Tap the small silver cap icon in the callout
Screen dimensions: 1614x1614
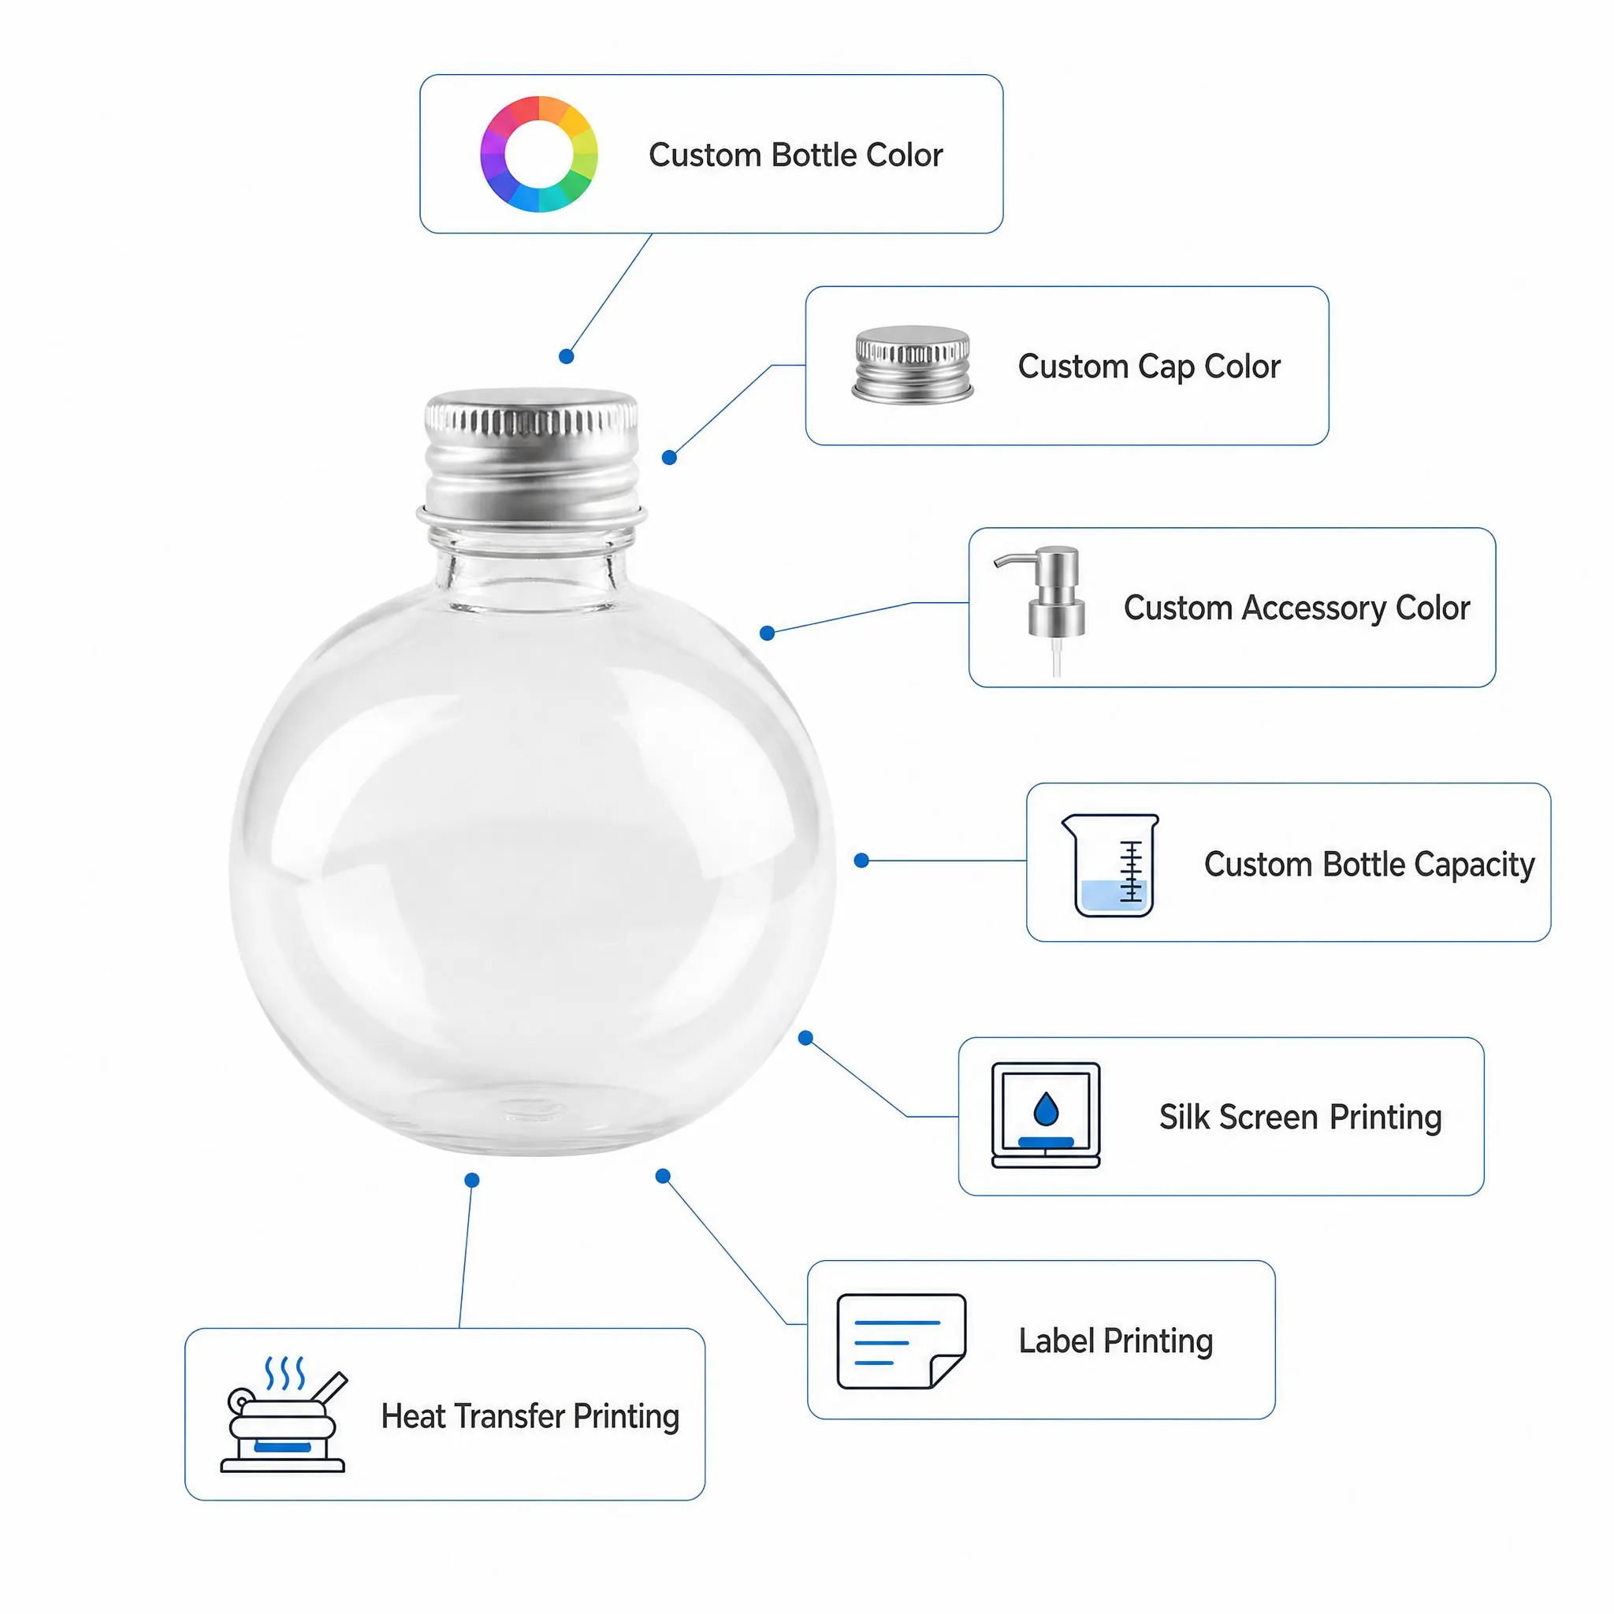[x=913, y=365]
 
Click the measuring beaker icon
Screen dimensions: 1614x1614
[x=1110, y=865]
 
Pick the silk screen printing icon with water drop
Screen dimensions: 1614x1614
[x=1045, y=1115]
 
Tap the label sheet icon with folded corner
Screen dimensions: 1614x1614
[x=902, y=1341]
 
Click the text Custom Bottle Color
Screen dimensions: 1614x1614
[x=795, y=155]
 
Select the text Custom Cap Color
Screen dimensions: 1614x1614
[x=1149, y=366]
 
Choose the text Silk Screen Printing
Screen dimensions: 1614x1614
[x=1300, y=1118]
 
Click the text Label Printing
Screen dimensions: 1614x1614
[x=1115, y=1341]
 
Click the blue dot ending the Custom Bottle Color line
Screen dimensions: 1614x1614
[x=567, y=357]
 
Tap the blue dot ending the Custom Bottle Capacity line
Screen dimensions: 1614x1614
[x=861, y=861]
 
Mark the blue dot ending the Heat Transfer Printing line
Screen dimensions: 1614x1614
[x=472, y=1181]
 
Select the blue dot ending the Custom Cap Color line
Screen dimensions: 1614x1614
[x=669, y=458]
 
